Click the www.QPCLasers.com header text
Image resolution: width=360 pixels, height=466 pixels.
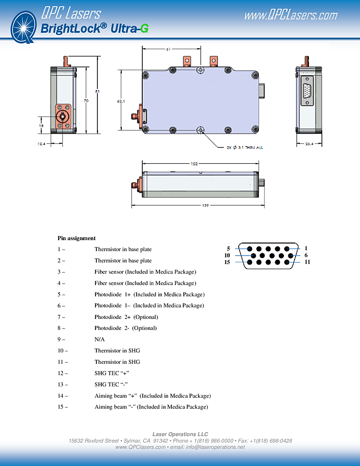coord(290,15)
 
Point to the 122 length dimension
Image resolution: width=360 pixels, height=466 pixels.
coord(194,163)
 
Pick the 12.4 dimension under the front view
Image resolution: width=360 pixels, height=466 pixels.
coord(42,144)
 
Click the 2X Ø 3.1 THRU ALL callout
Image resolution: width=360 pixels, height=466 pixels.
coord(244,148)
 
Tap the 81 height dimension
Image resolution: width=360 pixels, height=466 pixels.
coord(97,91)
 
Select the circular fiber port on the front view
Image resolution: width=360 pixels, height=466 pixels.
coord(62,116)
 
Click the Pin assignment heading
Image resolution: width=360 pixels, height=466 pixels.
coord(76,238)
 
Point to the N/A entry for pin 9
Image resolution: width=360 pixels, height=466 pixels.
coord(99,339)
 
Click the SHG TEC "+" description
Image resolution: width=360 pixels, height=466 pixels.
coord(112,373)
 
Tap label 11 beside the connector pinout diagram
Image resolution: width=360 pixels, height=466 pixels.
coord(307,262)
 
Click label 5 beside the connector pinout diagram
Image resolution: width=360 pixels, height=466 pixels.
coord(228,248)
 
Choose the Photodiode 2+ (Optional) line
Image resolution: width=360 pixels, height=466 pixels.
coord(126,317)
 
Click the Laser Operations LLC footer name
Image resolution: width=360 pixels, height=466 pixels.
coord(180,434)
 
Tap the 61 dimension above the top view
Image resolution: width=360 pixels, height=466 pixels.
coord(168,49)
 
